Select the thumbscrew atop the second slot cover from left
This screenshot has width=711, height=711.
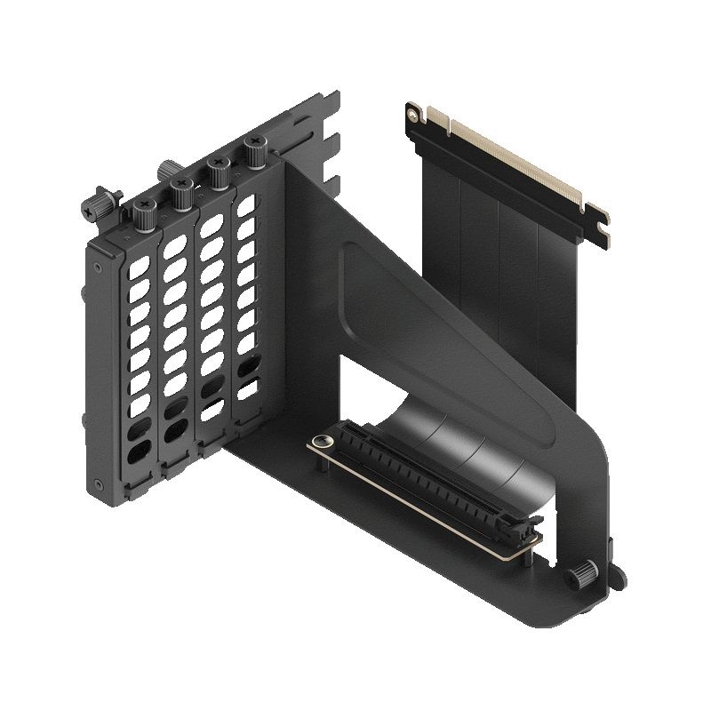pos(180,190)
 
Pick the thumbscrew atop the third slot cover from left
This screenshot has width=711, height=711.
pos(216,172)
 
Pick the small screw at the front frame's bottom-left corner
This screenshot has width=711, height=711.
pos(98,485)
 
